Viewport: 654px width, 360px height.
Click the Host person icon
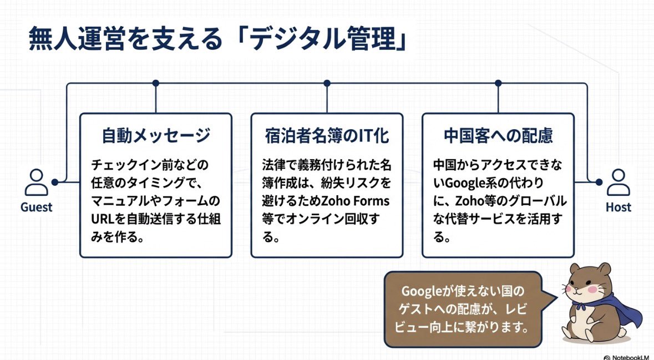618,182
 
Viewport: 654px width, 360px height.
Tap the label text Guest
36,207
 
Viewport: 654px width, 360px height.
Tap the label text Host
618,207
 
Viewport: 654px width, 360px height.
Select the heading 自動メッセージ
156,136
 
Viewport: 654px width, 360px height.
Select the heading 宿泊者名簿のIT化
327,136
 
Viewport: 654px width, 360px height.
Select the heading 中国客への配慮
498,136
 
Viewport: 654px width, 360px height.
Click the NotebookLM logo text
629,355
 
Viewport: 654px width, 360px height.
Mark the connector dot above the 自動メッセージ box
156,83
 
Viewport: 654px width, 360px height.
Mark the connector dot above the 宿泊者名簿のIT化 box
327,83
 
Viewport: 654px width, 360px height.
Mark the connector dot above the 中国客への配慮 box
498,83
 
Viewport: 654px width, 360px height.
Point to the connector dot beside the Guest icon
54,182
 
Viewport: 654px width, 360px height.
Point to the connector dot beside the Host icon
599,182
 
